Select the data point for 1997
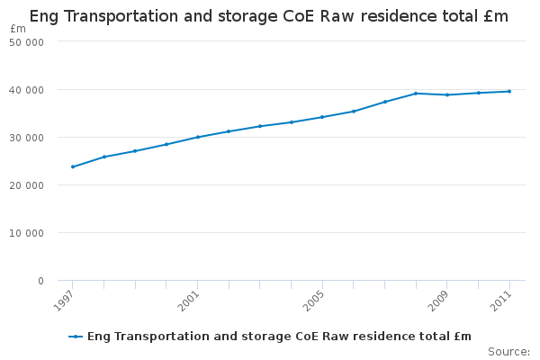(x=73, y=166)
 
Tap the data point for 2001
(x=197, y=137)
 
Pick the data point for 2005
(x=322, y=117)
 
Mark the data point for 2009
(x=447, y=94)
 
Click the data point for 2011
(x=509, y=91)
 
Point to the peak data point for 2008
(x=416, y=93)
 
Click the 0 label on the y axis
(x=40, y=281)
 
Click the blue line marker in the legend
(x=76, y=337)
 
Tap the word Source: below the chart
(x=508, y=351)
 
